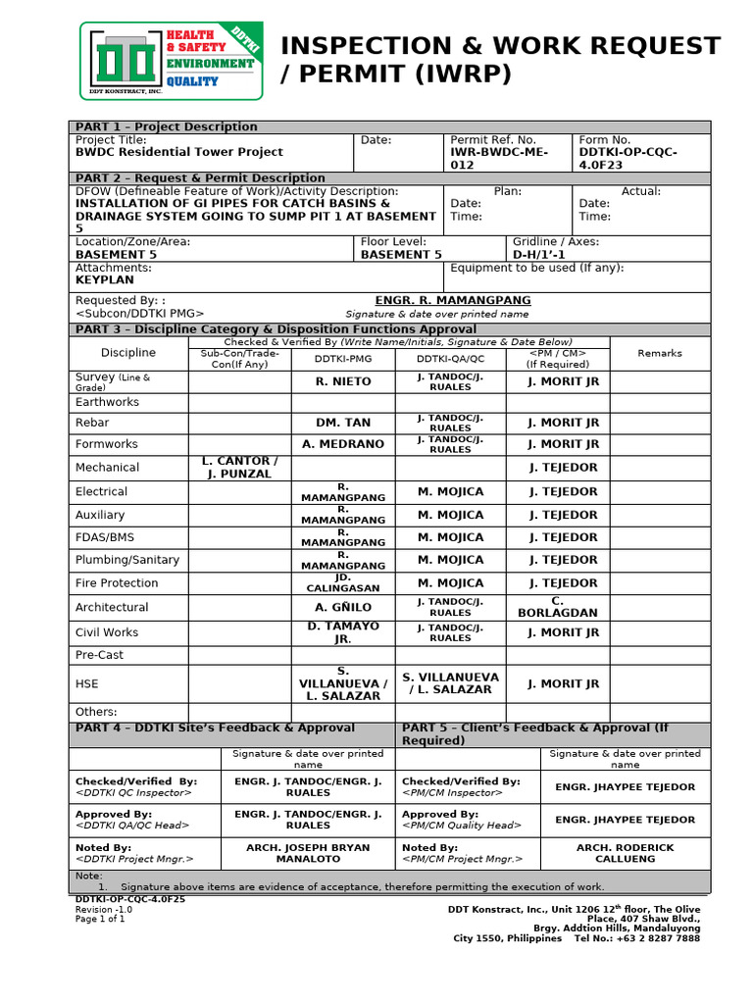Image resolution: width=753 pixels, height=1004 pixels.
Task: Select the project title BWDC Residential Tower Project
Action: pos(178,152)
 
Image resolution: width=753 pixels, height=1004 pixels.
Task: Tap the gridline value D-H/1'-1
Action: pos(540,254)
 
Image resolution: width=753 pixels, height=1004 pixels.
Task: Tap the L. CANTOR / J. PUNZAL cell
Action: pos(239,468)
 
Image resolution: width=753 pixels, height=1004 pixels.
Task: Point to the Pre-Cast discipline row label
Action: pos(99,655)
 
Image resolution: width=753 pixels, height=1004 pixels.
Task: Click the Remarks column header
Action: pos(659,353)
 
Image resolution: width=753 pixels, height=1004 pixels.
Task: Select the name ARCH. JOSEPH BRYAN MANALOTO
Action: pos(308,853)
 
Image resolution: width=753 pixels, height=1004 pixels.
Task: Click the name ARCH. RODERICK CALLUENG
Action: pos(625,853)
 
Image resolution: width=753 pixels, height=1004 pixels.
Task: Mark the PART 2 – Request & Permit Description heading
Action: pos(200,178)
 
